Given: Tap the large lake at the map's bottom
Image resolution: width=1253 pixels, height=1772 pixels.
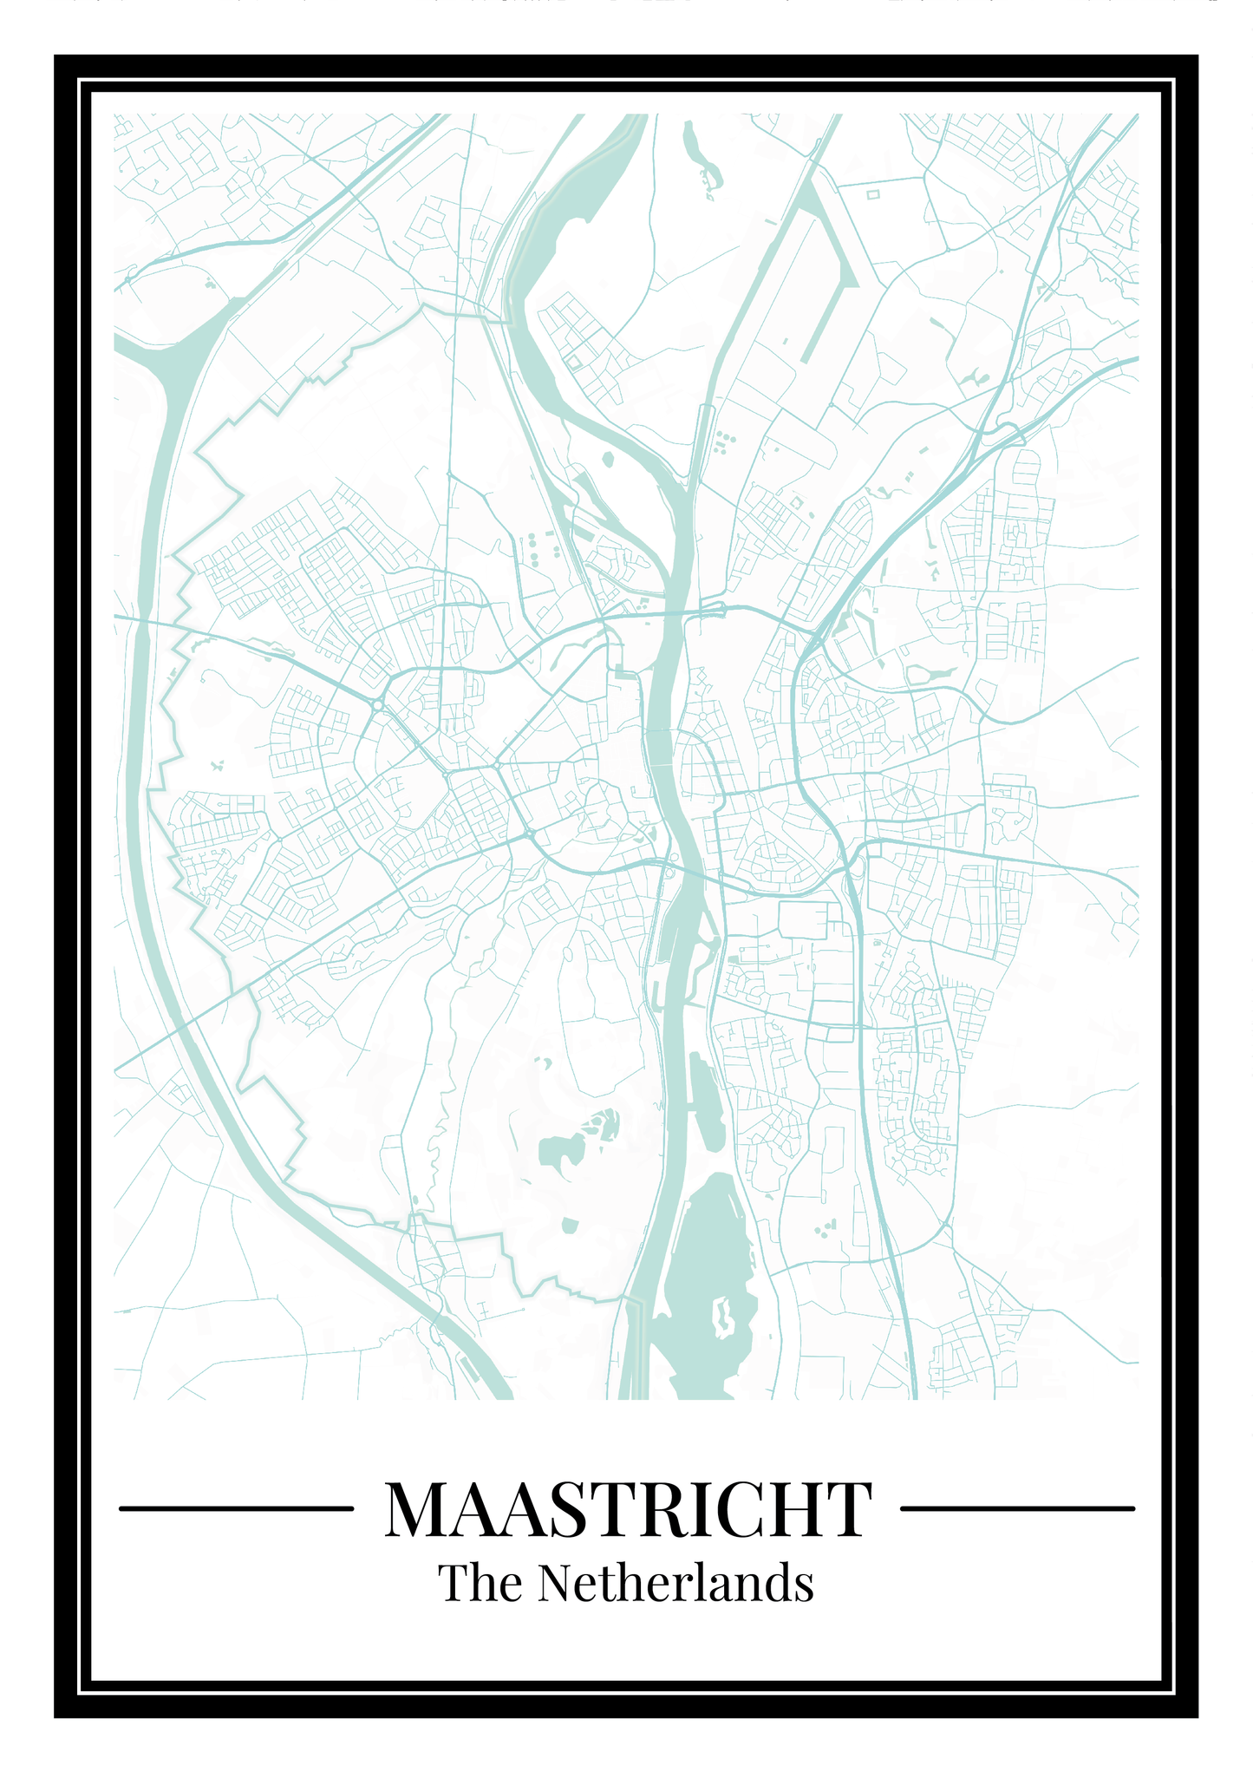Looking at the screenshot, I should tap(707, 1249).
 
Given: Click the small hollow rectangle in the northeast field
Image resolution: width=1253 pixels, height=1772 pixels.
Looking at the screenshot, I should tap(873, 194).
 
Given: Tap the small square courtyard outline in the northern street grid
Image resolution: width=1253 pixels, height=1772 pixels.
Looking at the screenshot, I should tap(574, 361).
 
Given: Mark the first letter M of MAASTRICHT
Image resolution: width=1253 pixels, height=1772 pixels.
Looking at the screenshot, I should tap(416, 1509).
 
